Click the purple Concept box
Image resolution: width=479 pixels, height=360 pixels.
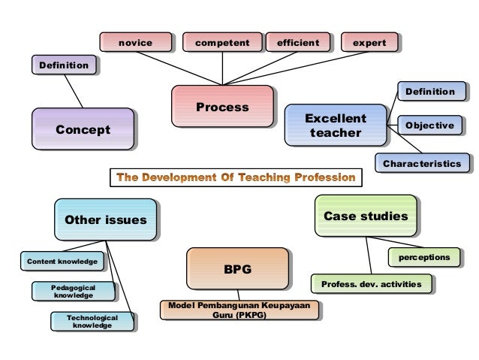click(x=83, y=129)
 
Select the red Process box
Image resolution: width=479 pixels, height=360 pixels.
click(x=222, y=107)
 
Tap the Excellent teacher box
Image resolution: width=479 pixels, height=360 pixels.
click(x=335, y=126)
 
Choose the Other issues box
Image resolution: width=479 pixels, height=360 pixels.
click(x=105, y=219)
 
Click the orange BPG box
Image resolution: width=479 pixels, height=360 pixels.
click(x=238, y=268)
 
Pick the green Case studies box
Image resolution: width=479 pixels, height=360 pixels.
click(x=365, y=216)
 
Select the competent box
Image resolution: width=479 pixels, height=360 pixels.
click(x=222, y=44)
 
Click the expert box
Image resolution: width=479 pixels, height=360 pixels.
click(x=369, y=44)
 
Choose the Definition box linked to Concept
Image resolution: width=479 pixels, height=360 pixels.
click(x=64, y=65)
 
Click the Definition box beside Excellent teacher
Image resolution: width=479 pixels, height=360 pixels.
click(x=429, y=92)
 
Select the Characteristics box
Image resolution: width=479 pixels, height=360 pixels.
click(x=422, y=162)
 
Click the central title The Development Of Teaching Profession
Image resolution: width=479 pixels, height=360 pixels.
click(x=236, y=178)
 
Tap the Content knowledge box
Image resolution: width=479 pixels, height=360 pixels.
click(x=62, y=262)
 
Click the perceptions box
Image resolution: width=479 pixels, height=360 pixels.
click(x=424, y=258)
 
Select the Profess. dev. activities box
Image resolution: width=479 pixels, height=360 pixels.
click(x=372, y=283)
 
